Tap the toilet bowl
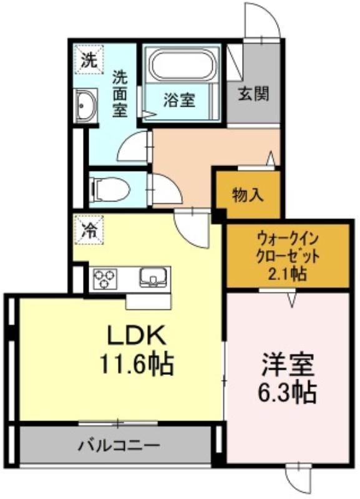[x=110, y=190]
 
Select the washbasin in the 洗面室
[x=85, y=105]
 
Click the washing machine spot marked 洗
[x=89, y=59]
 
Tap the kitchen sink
[x=153, y=278]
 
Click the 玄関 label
[x=254, y=94]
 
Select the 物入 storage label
[x=248, y=195]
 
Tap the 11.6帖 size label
[x=137, y=364]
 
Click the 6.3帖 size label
[x=287, y=392]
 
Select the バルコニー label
[x=119, y=445]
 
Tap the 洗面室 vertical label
[x=120, y=94]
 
